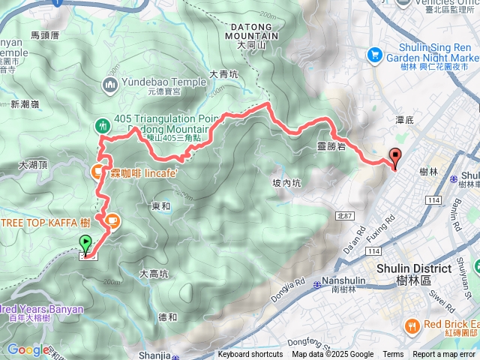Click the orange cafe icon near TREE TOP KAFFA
coord(111,220)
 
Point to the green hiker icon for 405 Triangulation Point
coord(102,125)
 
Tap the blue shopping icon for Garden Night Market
coord(373,54)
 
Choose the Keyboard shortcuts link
coord(250,355)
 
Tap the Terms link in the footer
coord(393,355)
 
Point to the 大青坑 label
coord(223,74)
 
